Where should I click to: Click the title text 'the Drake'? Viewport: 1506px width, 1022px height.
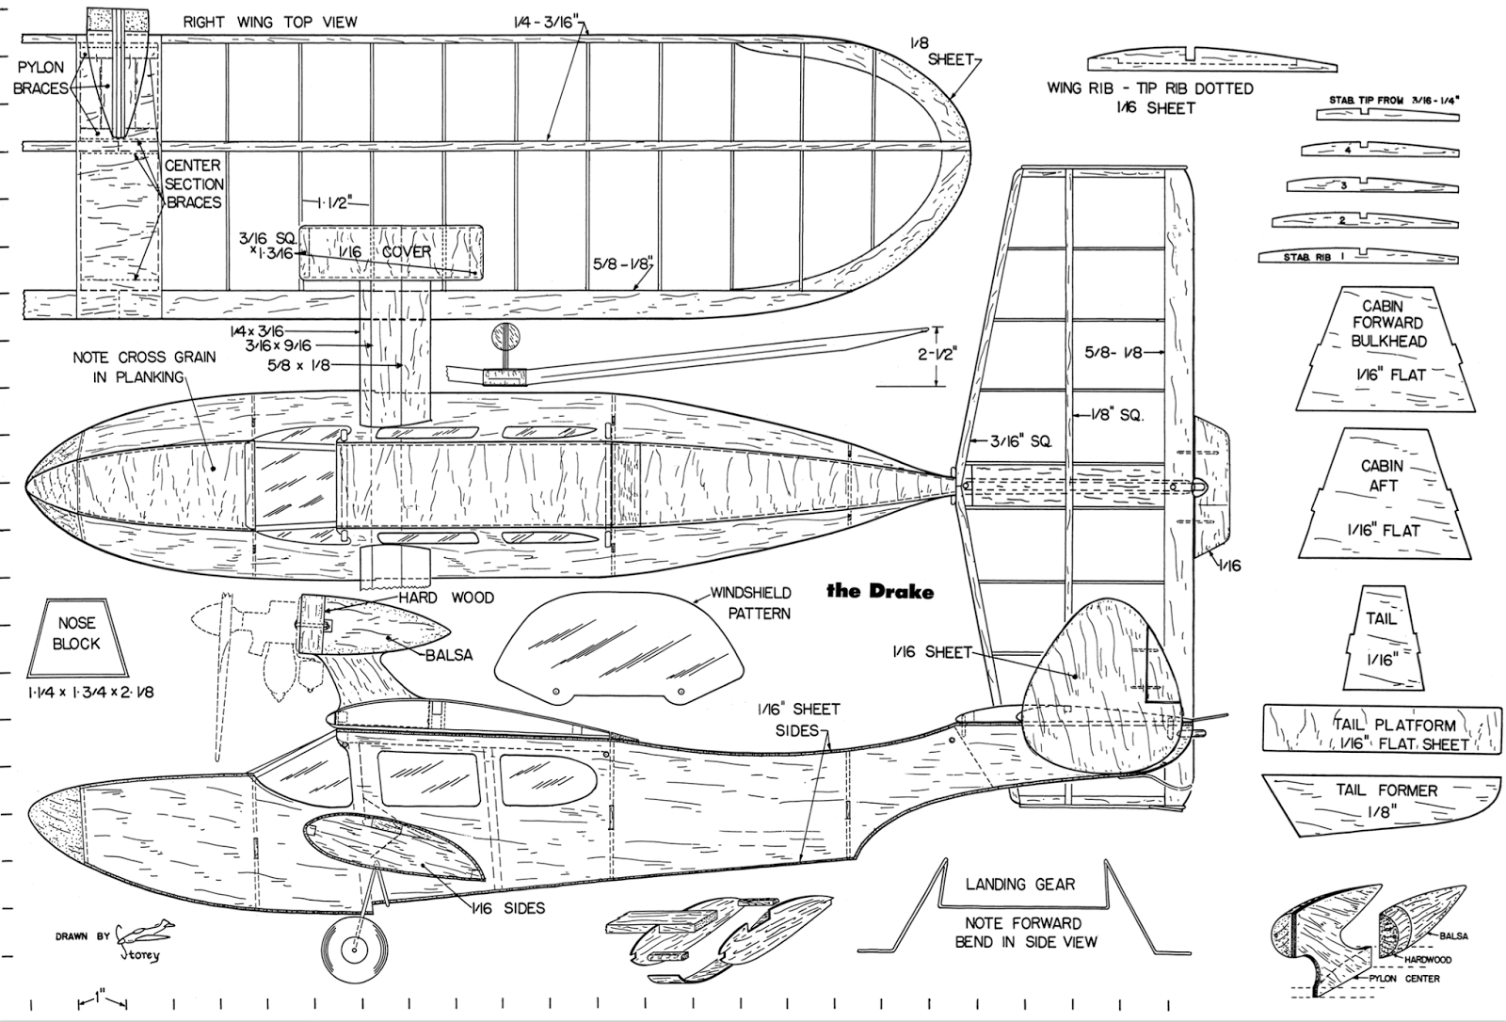click(x=880, y=591)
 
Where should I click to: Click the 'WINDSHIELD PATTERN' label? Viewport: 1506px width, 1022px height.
click(x=750, y=602)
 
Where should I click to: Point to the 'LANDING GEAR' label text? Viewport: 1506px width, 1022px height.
click(x=1019, y=885)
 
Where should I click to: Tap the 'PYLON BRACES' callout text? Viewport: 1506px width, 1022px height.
click(x=40, y=78)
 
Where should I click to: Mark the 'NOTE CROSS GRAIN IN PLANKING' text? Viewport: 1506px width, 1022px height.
click(x=144, y=367)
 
